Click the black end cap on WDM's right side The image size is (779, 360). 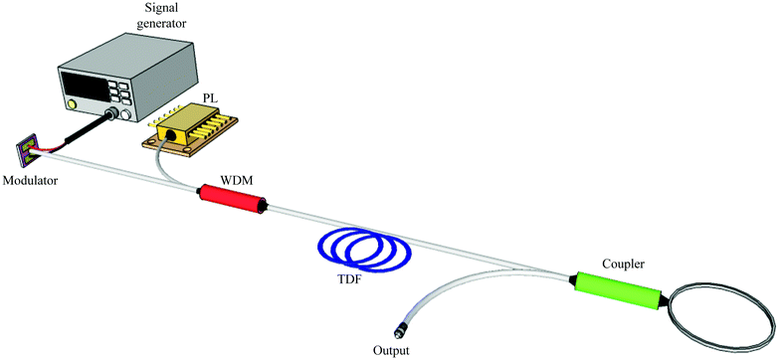point(264,206)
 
